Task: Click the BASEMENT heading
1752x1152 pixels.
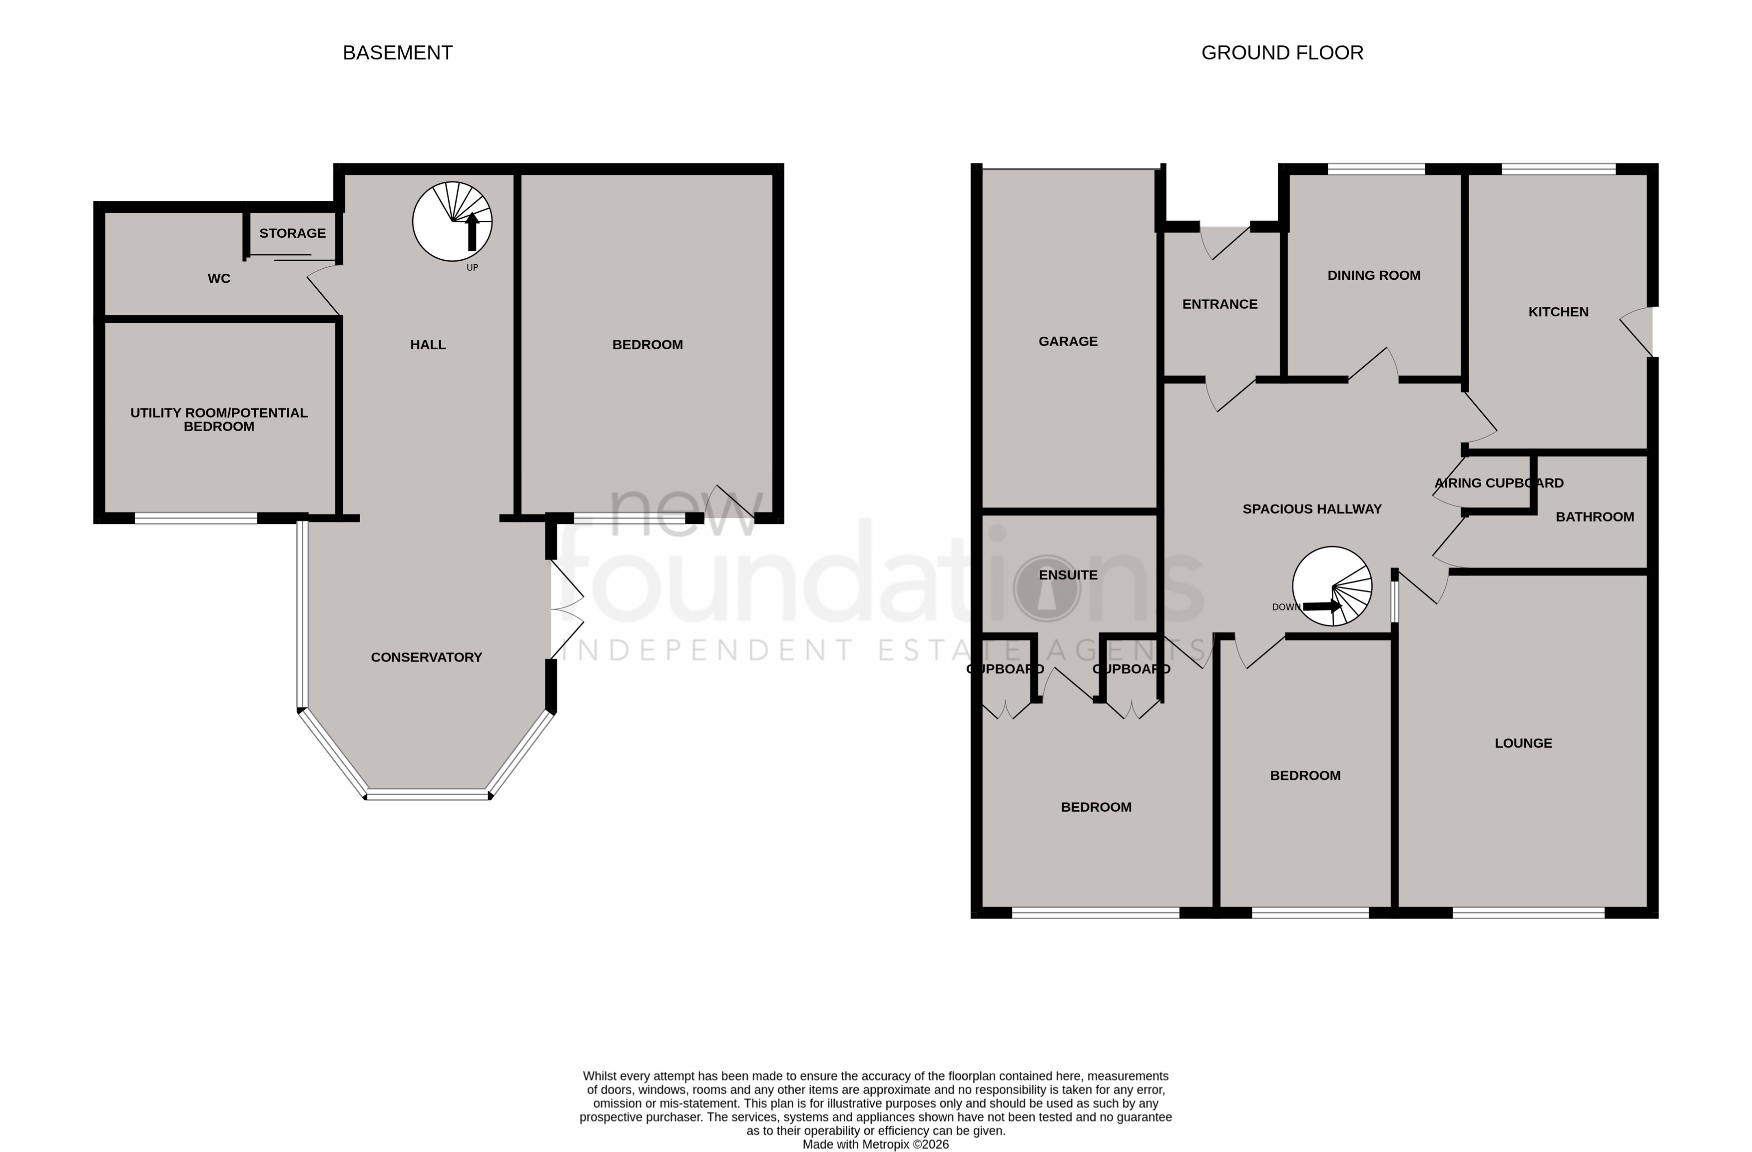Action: [x=398, y=53]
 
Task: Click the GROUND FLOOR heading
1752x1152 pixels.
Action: [x=1281, y=53]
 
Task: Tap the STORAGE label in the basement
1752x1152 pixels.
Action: [x=292, y=233]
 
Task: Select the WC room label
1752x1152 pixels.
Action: [x=219, y=278]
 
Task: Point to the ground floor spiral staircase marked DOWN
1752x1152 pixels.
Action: [x=1332, y=586]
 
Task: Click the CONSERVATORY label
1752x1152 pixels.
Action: [x=426, y=657]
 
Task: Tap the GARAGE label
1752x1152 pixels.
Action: [x=1068, y=342]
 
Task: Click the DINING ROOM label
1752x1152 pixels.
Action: [x=1374, y=275]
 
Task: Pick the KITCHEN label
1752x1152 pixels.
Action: [x=1558, y=312]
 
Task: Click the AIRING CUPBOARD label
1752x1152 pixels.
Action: [x=1498, y=484]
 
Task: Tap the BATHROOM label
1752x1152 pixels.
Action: [x=1595, y=517]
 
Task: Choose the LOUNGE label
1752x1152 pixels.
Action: [x=1522, y=743]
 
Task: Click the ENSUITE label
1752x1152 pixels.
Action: [x=1068, y=575]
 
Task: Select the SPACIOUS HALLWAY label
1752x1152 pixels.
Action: [x=1312, y=509]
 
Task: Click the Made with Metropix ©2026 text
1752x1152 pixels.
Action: [x=875, y=1145]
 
